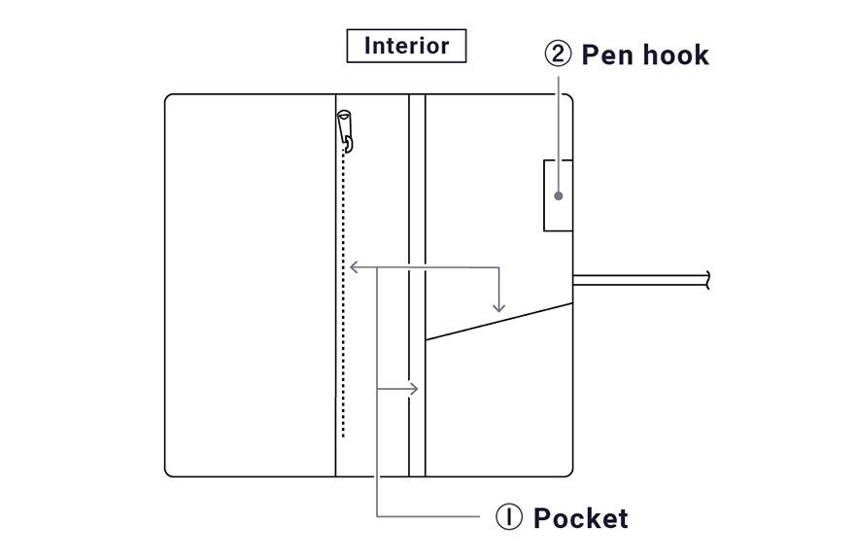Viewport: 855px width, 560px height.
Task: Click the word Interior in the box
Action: point(406,46)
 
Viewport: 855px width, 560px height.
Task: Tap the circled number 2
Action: point(558,54)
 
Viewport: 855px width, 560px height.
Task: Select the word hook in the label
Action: point(676,55)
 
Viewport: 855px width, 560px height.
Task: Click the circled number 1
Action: point(510,517)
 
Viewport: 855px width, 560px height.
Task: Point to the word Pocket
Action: point(580,518)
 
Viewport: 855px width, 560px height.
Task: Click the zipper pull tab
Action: point(344,125)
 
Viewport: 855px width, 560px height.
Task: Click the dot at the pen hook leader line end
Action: point(558,195)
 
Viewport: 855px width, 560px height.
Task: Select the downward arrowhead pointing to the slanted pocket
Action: point(498,306)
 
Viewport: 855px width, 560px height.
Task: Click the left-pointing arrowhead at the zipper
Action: point(354,266)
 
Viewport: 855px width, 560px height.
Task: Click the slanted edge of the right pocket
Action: point(498,321)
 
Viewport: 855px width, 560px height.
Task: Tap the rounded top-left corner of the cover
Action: point(169,98)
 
